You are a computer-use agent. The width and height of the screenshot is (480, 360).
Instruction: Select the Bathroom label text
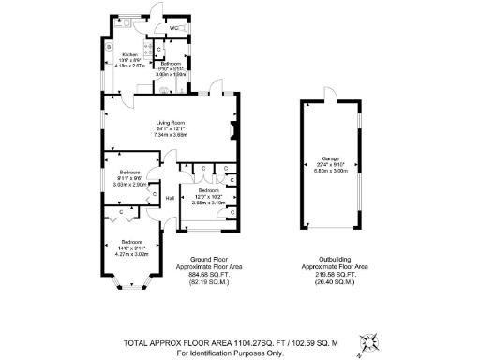pyautogui.click(x=170, y=63)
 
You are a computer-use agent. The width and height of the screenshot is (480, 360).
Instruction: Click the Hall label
pyautogui.click(x=170, y=199)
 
